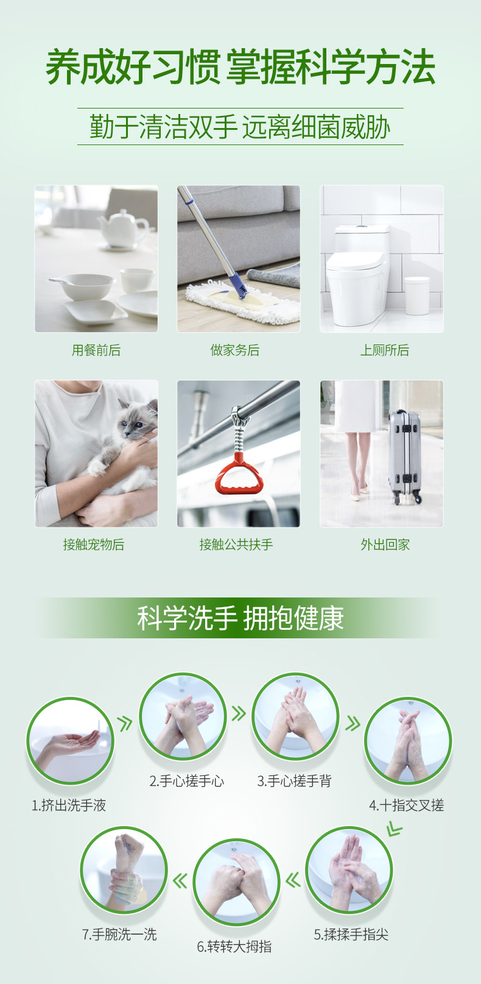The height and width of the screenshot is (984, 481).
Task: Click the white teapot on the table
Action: [124, 229]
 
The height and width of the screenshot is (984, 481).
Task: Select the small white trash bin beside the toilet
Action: [417, 296]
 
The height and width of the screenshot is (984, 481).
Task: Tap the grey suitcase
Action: [405, 457]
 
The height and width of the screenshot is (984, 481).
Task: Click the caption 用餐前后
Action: [96, 350]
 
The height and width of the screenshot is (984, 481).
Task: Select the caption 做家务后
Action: [235, 350]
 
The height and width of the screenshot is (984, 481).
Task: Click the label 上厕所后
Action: [384, 350]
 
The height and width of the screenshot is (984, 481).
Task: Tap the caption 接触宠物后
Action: [94, 544]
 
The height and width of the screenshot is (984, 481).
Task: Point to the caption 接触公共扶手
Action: [236, 544]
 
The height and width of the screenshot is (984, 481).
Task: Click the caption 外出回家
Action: [385, 544]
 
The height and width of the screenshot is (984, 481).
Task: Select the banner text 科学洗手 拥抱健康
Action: [240, 618]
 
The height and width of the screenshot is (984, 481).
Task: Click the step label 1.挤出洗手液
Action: [69, 805]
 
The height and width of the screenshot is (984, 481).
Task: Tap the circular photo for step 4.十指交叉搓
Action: [408, 741]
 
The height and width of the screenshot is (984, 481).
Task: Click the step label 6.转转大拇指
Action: [234, 946]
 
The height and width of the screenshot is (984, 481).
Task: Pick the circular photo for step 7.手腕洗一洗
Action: [124, 870]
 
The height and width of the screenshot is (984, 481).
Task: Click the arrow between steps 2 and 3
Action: [238, 713]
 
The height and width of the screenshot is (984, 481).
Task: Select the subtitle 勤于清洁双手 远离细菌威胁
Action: [240, 127]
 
